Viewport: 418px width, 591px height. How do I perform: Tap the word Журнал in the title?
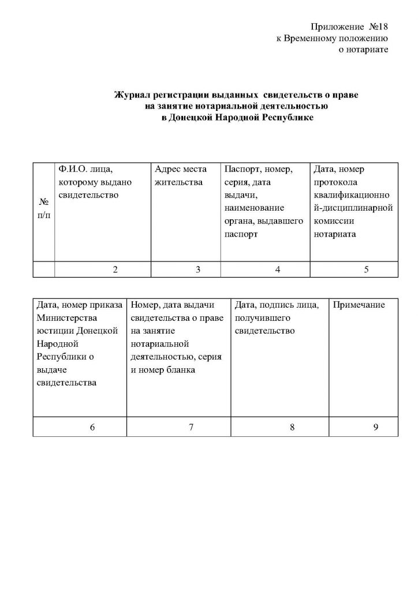[x=132, y=93]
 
